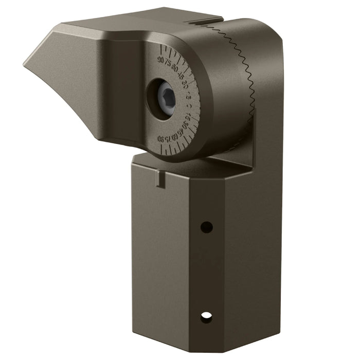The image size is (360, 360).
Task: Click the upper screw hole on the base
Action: coord(206,227)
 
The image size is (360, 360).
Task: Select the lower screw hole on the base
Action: coord(206,317)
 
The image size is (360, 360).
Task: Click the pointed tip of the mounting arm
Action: coord(26,65)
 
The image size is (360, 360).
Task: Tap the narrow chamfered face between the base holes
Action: coord(206,273)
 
